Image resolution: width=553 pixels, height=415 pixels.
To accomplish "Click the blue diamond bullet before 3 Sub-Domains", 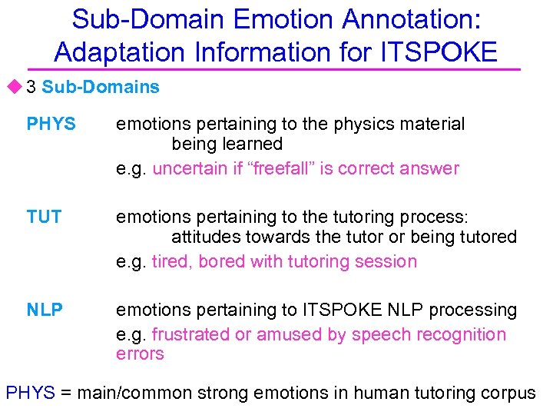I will click(x=15, y=87).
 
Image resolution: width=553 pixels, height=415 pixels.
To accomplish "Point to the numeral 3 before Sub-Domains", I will click(x=31, y=87).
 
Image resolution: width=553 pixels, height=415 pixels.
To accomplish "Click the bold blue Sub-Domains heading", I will click(x=101, y=87).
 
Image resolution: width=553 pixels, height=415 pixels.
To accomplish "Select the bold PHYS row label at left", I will click(x=51, y=124).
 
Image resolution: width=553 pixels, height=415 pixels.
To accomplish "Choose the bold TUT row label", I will click(x=44, y=217).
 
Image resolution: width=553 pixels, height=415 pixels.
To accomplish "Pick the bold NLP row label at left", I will click(x=45, y=310).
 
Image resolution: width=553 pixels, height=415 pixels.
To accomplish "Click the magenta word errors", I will click(x=140, y=354).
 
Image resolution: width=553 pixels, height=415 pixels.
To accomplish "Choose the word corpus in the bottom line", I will click(x=508, y=393).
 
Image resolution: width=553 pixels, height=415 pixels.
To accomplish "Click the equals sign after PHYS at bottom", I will click(x=66, y=393).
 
